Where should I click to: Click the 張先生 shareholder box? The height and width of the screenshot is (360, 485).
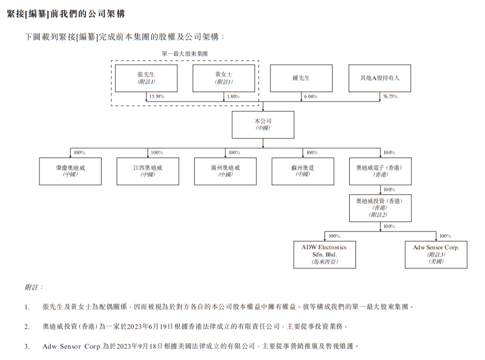click(x=146, y=78)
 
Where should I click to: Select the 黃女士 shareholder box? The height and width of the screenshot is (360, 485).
click(x=224, y=78)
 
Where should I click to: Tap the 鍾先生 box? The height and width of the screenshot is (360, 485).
click(x=301, y=78)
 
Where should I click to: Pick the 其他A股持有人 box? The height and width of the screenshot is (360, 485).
click(x=379, y=78)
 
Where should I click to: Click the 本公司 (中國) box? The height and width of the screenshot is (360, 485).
click(x=263, y=125)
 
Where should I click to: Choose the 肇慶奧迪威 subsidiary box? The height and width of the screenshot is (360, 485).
click(x=70, y=171)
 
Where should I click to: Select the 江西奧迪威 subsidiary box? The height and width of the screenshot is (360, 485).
click(x=148, y=171)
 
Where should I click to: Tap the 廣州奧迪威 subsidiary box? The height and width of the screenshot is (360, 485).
click(x=225, y=171)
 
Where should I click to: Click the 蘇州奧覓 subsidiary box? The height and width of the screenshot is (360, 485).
click(x=303, y=171)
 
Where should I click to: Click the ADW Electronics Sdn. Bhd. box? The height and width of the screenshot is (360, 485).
click(x=324, y=254)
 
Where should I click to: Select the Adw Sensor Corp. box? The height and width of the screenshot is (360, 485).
click(x=436, y=254)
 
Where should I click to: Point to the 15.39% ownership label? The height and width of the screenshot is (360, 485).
click(x=156, y=97)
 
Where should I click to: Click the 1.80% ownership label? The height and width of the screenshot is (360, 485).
click(x=234, y=97)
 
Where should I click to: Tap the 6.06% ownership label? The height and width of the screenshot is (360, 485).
click(x=311, y=97)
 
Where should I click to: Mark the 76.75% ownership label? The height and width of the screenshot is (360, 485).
click(x=390, y=97)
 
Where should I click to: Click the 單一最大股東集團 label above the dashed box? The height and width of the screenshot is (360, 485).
click(x=186, y=53)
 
